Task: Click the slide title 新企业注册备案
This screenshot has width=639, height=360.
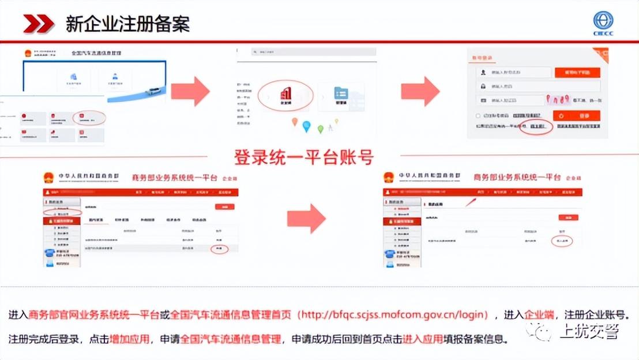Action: (127, 24)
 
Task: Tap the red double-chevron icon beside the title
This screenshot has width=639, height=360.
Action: (39, 24)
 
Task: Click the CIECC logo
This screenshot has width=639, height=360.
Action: (603, 24)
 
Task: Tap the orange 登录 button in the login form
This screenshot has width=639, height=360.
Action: (577, 115)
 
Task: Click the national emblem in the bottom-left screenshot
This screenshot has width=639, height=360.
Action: (51, 177)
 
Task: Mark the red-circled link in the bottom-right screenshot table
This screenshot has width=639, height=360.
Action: (562, 240)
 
